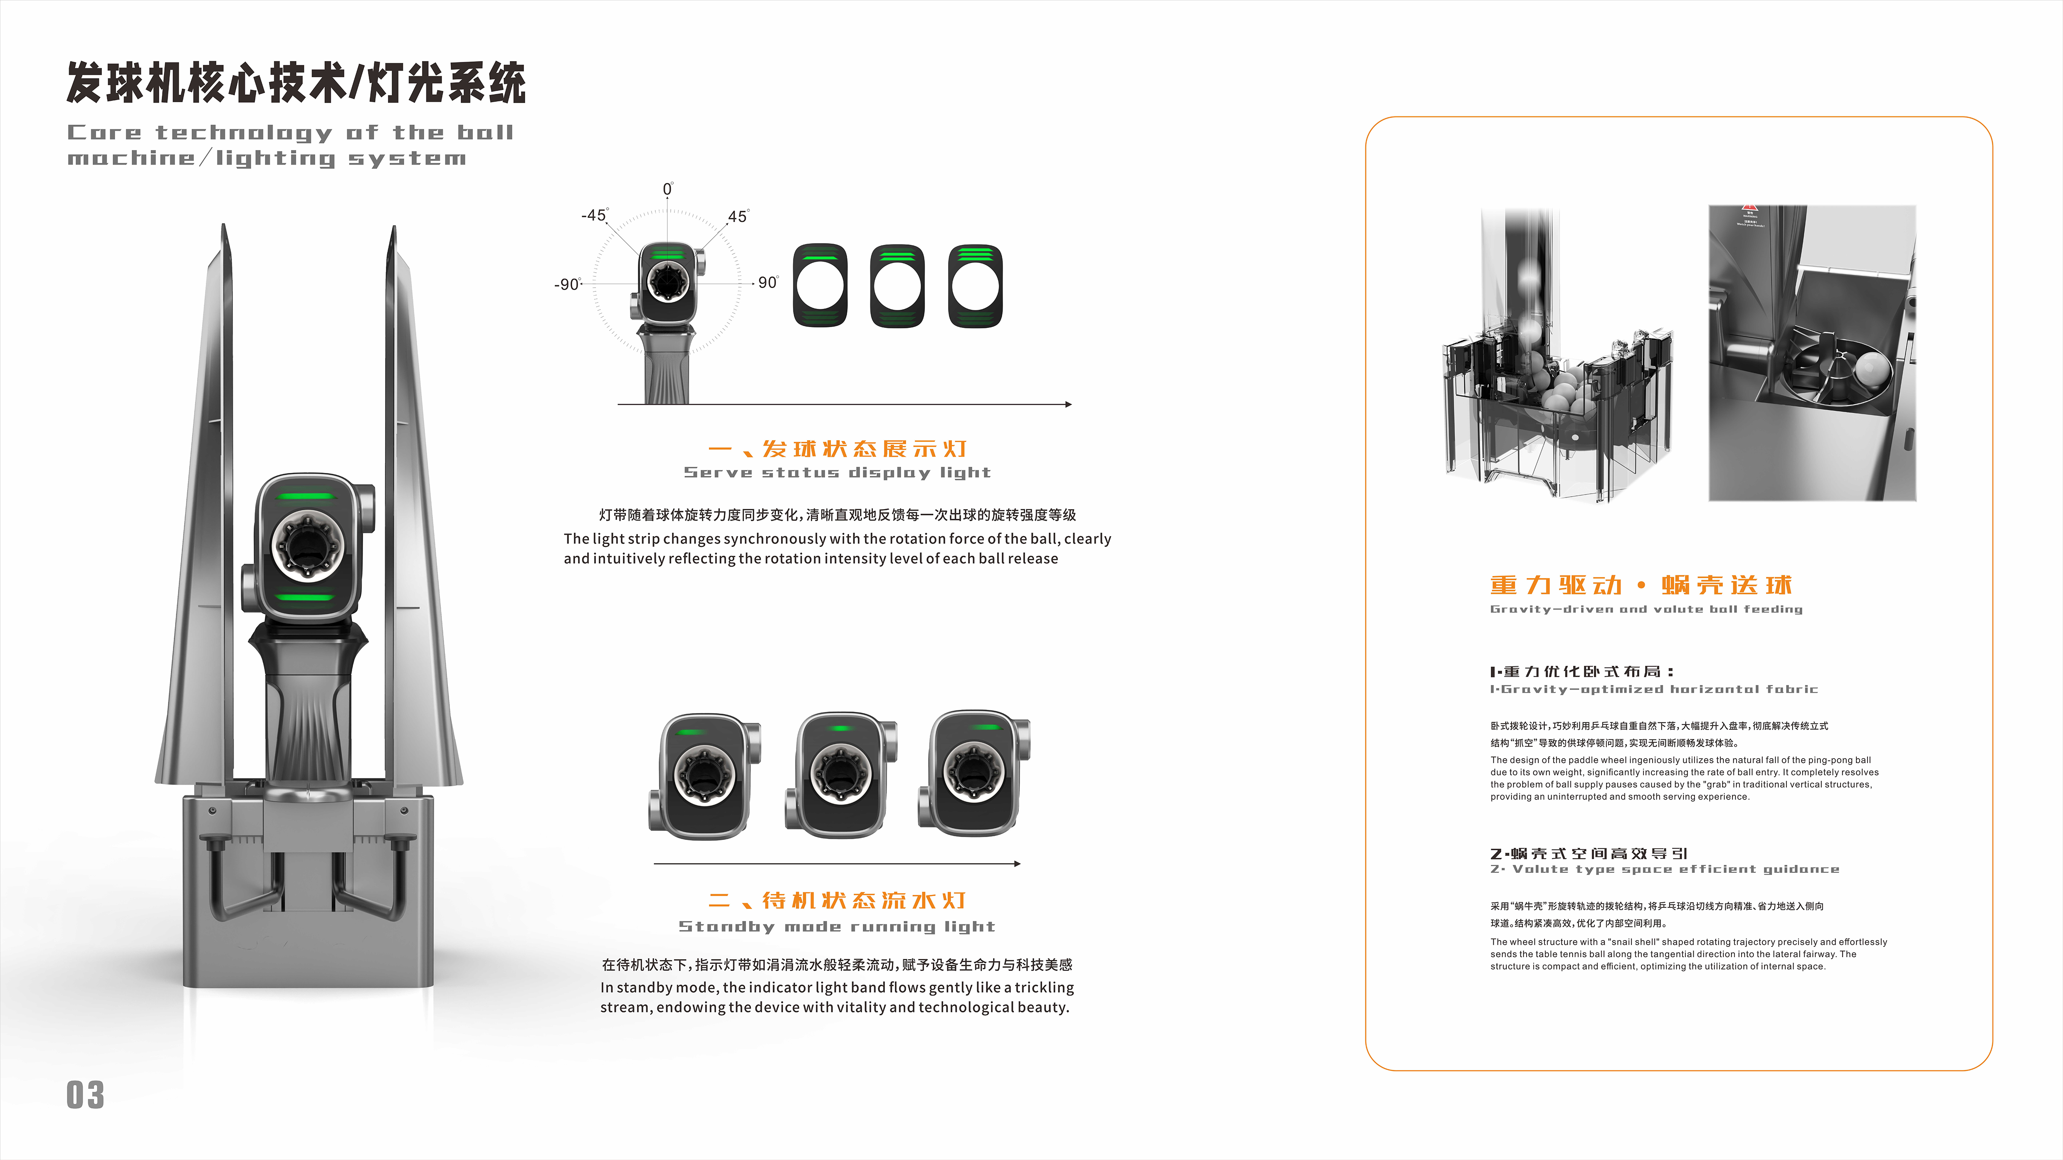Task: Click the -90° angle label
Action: click(x=568, y=284)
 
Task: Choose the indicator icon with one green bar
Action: click(x=820, y=286)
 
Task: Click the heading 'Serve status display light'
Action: click(x=837, y=472)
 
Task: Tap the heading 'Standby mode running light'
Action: click(x=837, y=926)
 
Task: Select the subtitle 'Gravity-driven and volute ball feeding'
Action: click(x=1646, y=609)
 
